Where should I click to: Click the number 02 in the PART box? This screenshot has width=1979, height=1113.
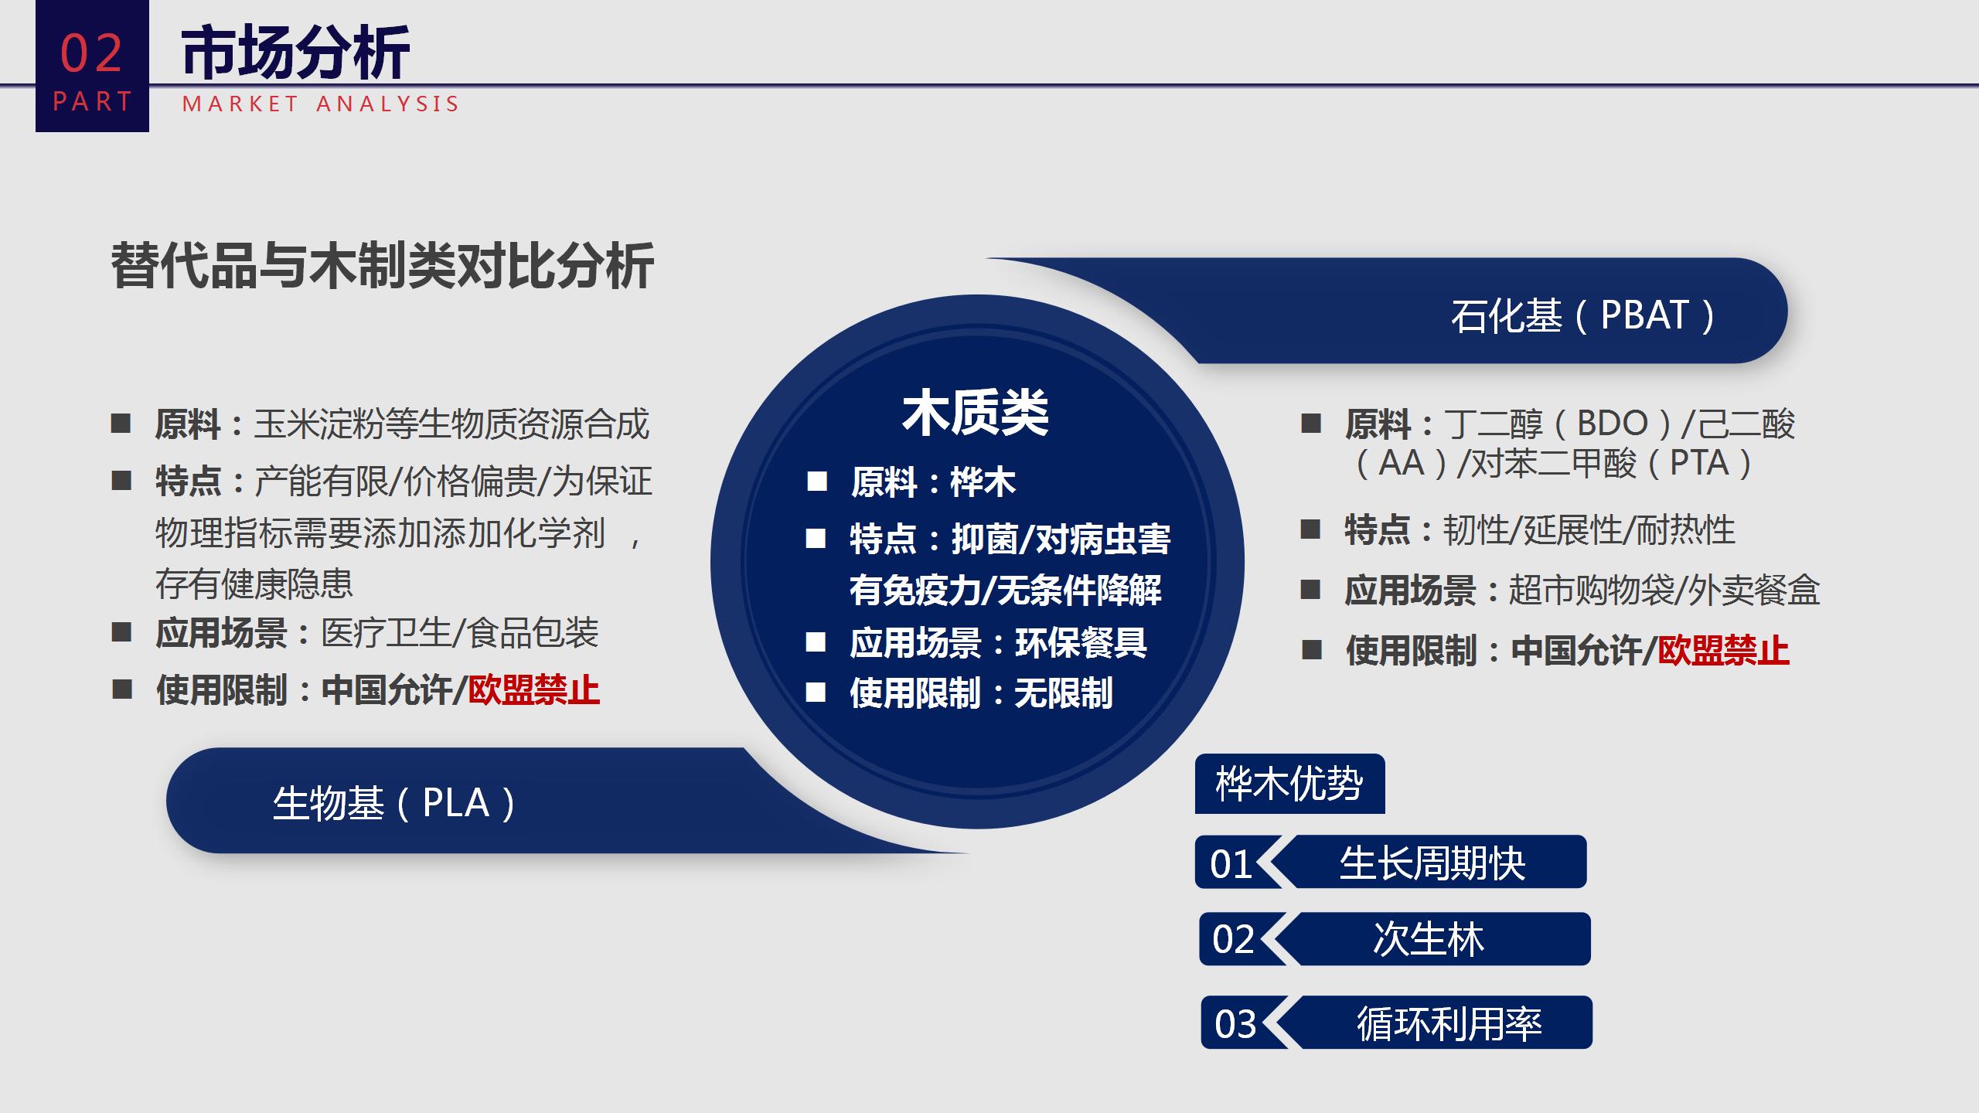[91, 53]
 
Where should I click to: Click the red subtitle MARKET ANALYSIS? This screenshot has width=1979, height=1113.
[321, 104]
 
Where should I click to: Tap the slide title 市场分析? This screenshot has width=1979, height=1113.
[295, 53]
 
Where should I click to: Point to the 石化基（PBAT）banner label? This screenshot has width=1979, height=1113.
[1584, 315]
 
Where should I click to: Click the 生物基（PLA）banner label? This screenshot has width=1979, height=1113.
[395, 803]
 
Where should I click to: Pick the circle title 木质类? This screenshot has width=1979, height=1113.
[976, 413]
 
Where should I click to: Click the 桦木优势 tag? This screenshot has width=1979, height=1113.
[1289, 784]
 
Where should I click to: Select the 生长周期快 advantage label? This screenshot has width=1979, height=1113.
[1432, 863]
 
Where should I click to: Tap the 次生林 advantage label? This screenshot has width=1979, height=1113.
[1429, 939]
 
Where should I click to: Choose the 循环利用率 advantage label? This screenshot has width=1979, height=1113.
[1449, 1023]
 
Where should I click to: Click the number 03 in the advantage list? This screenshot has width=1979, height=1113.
[1235, 1024]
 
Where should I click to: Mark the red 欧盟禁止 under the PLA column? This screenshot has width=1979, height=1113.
[534, 690]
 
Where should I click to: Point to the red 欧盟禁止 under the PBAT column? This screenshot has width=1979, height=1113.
[1723, 650]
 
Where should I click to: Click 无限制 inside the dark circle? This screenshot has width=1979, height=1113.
[1064, 693]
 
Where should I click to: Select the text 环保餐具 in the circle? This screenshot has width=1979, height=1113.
[1081, 642]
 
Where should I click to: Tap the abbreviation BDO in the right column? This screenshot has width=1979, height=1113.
[1613, 424]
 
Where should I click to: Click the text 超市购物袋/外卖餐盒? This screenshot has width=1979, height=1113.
[1664, 591]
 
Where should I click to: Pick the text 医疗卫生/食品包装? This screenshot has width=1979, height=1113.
[460, 633]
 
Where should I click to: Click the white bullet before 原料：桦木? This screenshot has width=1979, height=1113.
[817, 482]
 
